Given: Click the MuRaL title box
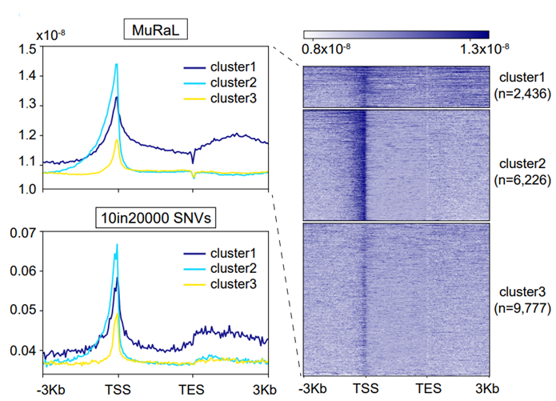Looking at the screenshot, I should pos(154,30).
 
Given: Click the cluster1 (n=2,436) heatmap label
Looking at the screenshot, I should pos(522,86).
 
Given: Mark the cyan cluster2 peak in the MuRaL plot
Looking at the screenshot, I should pos(117,65).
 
